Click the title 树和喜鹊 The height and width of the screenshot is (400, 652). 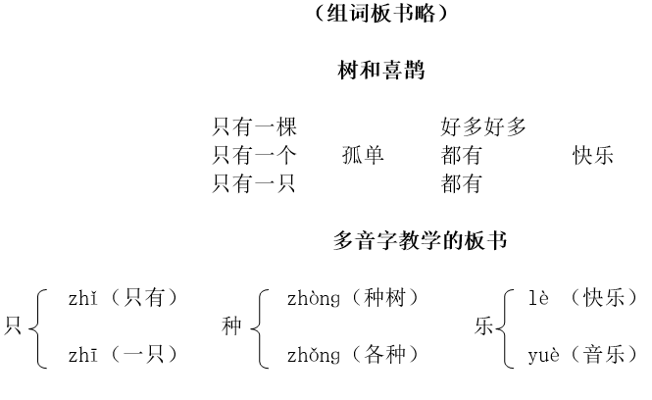[380, 70]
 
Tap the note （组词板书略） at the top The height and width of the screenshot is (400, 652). [380, 13]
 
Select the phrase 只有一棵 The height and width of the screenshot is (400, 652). [255, 126]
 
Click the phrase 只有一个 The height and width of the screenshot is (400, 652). [255, 155]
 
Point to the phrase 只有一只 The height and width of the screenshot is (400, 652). [255, 183]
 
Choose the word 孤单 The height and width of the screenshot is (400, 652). [363, 155]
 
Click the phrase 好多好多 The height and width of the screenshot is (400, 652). [483, 126]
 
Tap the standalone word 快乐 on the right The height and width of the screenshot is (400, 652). [592, 155]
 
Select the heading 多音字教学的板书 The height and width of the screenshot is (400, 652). [420, 241]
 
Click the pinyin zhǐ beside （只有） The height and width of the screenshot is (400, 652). [82, 298]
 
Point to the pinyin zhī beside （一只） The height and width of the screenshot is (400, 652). [82, 355]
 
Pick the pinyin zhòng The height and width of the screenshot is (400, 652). [314, 299]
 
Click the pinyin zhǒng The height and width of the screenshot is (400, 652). [314, 356]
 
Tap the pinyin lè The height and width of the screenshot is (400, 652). [538, 298]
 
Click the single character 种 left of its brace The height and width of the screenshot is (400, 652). [231, 325]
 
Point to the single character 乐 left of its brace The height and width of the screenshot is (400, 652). [484, 325]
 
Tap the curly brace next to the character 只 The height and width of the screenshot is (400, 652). [38, 328]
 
